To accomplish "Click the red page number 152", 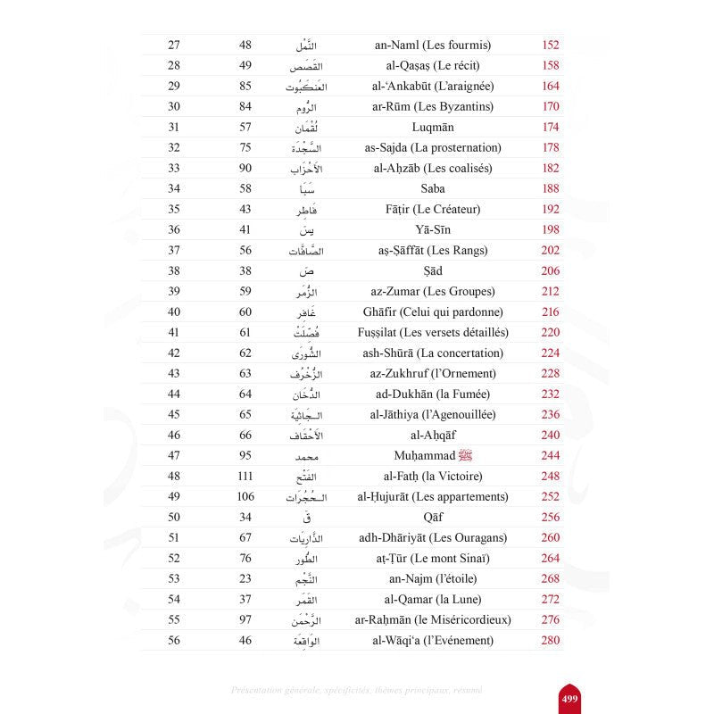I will point(551,45).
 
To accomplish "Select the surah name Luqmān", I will point(435,127).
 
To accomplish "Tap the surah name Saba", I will point(435,188).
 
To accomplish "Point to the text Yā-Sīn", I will point(435,229).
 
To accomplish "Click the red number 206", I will point(551,270).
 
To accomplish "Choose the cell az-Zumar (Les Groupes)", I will point(435,291).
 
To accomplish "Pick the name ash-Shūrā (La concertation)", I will point(435,353).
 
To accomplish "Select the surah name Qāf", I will point(435,517).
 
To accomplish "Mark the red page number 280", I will point(551,640).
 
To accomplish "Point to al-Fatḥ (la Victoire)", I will point(435,476).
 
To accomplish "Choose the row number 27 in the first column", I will point(174,45).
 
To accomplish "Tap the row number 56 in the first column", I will point(174,640).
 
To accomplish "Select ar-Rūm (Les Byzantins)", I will point(435,106).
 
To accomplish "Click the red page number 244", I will point(551,455).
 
